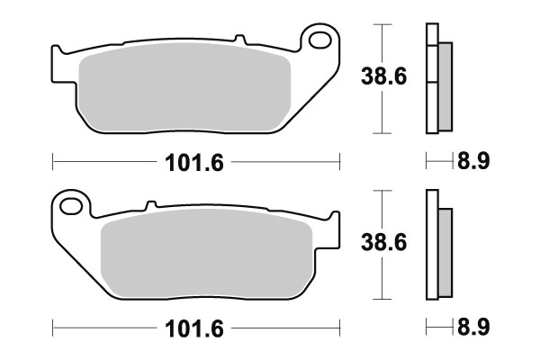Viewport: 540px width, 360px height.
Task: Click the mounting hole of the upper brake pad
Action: point(318,40)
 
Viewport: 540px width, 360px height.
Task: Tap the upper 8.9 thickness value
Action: point(473,163)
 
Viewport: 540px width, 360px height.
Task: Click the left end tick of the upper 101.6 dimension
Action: point(53,162)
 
